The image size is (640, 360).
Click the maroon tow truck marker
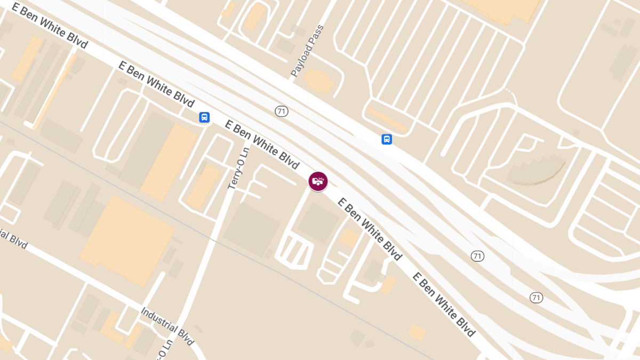(x=318, y=181)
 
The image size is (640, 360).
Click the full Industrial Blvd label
(x=167, y=325)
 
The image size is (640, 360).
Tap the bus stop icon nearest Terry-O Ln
(x=204, y=117)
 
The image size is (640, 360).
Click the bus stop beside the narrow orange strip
(x=387, y=139)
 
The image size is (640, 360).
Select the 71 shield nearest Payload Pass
(x=282, y=111)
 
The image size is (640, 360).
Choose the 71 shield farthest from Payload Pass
(x=537, y=297)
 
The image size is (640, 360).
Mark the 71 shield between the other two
(x=477, y=256)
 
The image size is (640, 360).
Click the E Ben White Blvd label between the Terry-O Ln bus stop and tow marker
(x=262, y=143)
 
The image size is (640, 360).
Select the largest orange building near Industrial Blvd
(x=128, y=240)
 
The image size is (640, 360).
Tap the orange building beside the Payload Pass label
(x=319, y=81)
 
